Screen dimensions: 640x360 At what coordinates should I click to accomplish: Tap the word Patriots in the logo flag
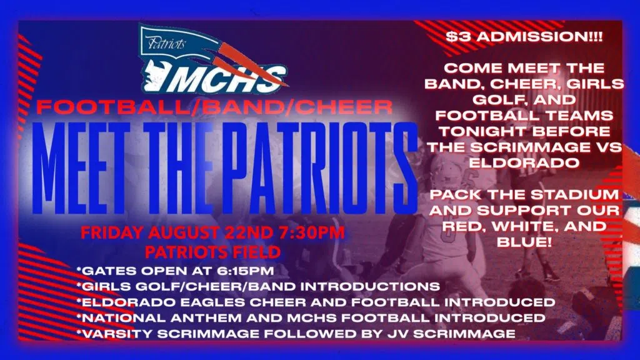click(x=166, y=43)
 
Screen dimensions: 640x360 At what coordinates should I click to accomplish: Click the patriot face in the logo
click(x=155, y=75)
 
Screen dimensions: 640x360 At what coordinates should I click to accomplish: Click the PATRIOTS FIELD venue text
click(x=212, y=252)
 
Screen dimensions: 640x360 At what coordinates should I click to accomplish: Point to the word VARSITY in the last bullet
click(x=117, y=334)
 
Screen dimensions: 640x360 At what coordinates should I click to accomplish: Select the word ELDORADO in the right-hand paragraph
click(x=524, y=163)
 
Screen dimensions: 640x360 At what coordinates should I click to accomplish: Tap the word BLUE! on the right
click(x=524, y=242)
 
